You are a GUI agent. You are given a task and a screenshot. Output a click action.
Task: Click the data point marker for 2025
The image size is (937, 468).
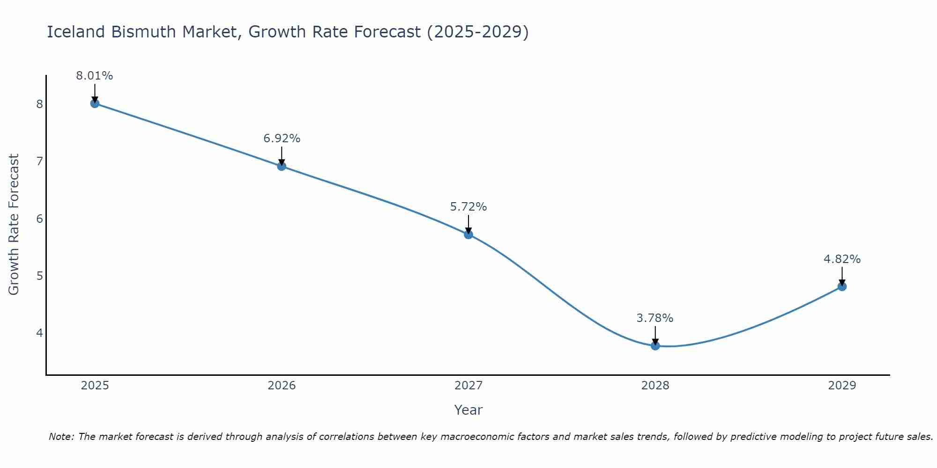point(95,103)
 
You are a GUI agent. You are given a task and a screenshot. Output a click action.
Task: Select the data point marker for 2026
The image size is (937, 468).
point(282,166)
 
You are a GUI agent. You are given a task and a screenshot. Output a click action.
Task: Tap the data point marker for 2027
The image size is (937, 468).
point(468,234)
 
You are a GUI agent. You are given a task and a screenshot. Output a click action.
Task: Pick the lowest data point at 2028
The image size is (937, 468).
point(655,346)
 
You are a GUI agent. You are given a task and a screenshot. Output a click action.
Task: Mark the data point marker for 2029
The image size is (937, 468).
point(842,286)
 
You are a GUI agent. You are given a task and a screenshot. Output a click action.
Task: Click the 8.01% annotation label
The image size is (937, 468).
point(95,76)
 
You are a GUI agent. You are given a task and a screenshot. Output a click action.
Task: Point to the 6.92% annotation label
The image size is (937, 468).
point(282,139)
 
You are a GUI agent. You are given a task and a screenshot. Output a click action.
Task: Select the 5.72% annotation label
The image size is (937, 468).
point(468,207)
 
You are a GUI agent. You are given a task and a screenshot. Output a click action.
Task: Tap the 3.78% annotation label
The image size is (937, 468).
point(655,318)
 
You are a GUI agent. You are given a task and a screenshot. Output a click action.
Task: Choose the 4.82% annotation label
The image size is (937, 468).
point(842,259)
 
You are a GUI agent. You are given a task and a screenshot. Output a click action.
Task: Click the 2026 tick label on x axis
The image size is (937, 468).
point(282,386)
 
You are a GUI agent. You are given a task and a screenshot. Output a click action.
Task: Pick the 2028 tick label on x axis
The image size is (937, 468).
point(655,386)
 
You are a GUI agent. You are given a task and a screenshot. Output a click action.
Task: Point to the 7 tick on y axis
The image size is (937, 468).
point(39,161)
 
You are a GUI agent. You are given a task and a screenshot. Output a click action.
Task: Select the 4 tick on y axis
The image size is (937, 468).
point(39,333)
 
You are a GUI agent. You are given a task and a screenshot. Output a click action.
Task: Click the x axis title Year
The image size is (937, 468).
point(468,410)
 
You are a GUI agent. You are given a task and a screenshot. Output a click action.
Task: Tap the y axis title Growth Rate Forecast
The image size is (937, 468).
point(14,225)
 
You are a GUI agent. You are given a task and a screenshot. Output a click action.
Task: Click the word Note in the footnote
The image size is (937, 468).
point(61,437)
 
